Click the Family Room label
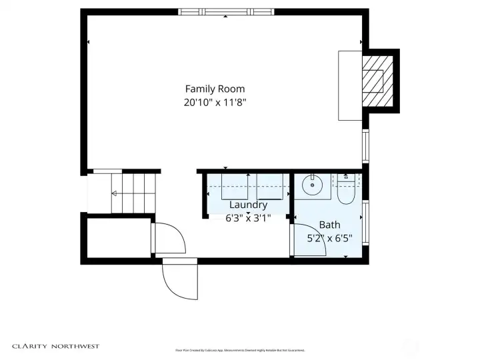[215, 89]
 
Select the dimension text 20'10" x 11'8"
[215, 103]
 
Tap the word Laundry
[248, 205]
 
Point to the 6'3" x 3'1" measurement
[248, 217]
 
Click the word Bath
[329, 225]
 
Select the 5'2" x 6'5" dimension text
[329, 237]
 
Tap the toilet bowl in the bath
[346, 193]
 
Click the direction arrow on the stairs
[115, 193]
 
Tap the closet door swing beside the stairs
[168, 238]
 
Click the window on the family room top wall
[226, 11]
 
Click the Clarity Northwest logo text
[55, 346]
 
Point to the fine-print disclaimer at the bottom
[240, 350]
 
